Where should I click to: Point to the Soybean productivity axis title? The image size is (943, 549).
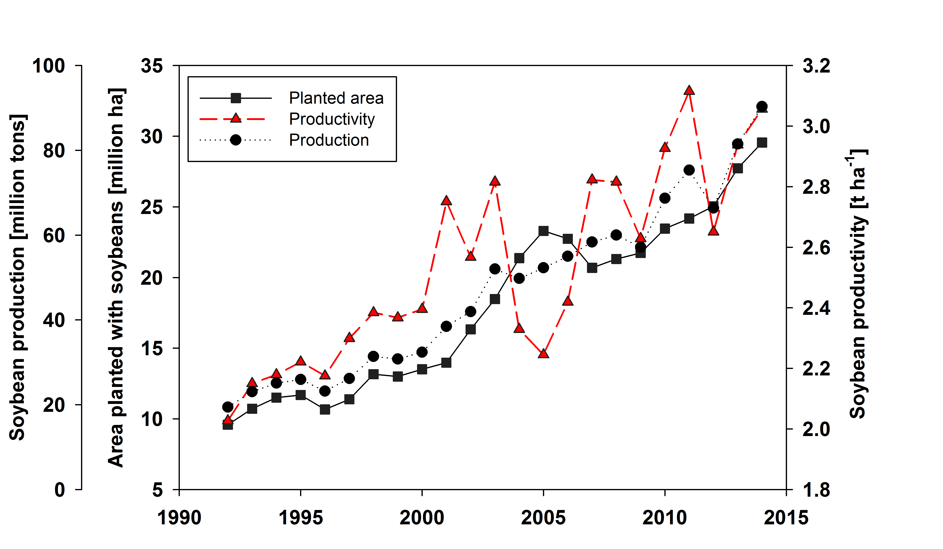tap(858, 285)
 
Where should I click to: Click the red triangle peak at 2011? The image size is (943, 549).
tap(689, 91)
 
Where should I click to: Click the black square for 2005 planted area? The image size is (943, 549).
tap(543, 231)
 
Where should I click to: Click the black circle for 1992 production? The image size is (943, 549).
tap(228, 407)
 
